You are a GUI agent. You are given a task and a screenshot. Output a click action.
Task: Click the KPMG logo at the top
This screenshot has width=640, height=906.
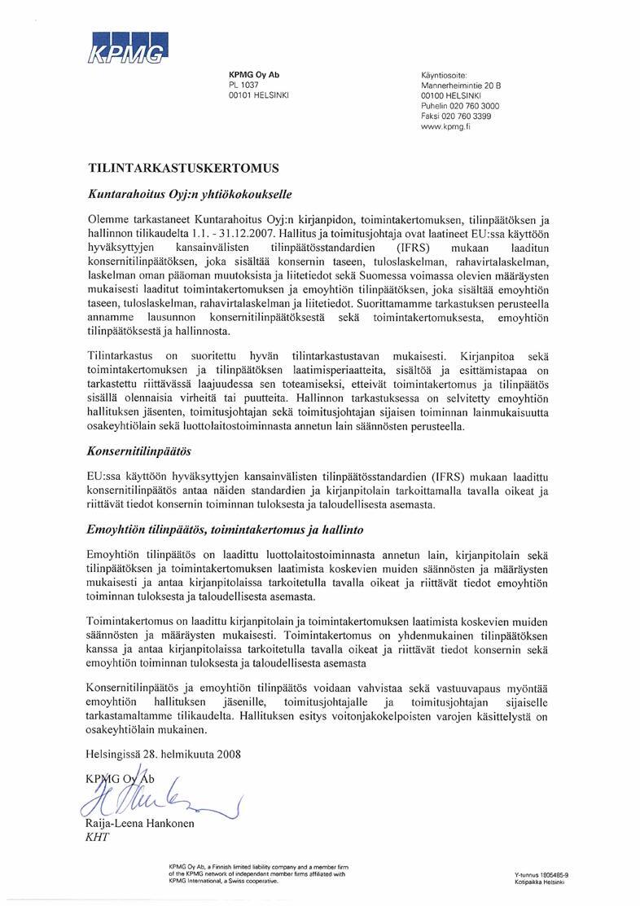[x=126, y=48]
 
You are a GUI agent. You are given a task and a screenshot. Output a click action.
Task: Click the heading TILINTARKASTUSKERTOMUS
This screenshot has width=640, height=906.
[x=183, y=169]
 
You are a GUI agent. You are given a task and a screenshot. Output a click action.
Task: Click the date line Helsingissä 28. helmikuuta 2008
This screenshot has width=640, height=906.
[x=164, y=754]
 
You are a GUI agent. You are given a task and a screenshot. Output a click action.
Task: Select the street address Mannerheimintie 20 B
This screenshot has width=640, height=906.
[x=460, y=85]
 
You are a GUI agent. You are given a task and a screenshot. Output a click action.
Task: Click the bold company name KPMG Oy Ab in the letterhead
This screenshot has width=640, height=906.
[x=254, y=75]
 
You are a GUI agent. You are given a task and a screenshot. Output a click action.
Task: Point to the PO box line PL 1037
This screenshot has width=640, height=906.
[x=243, y=85]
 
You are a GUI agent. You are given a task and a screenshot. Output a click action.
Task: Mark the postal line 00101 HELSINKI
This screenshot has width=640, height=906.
[x=260, y=95]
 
